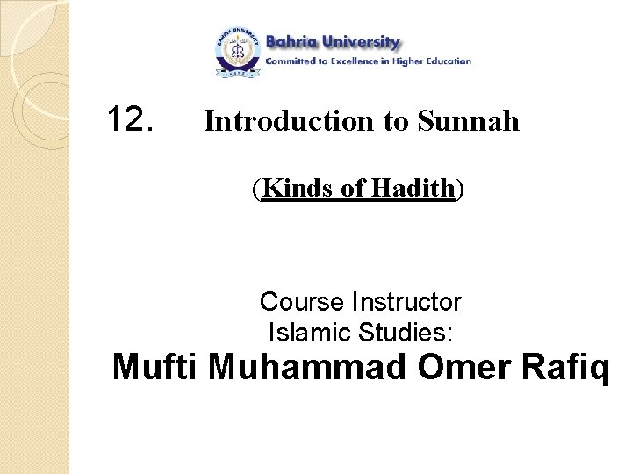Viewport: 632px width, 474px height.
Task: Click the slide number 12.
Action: [130, 118]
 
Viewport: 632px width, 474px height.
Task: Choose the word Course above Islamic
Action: [302, 303]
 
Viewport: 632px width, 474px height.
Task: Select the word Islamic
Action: [305, 333]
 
